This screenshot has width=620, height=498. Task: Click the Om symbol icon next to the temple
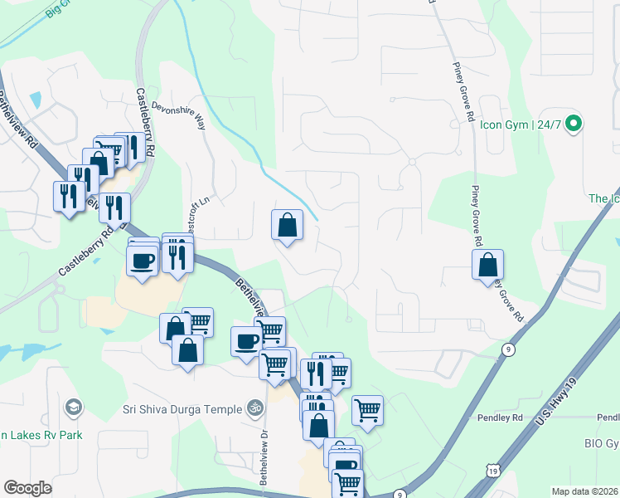(256, 408)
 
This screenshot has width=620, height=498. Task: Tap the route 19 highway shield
(494, 471)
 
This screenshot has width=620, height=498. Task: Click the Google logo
(27, 488)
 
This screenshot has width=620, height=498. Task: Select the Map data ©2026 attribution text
(584, 491)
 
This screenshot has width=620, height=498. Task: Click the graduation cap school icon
(73, 407)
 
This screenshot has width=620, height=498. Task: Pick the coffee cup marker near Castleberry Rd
(143, 261)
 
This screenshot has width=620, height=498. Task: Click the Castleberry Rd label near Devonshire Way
(146, 124)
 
